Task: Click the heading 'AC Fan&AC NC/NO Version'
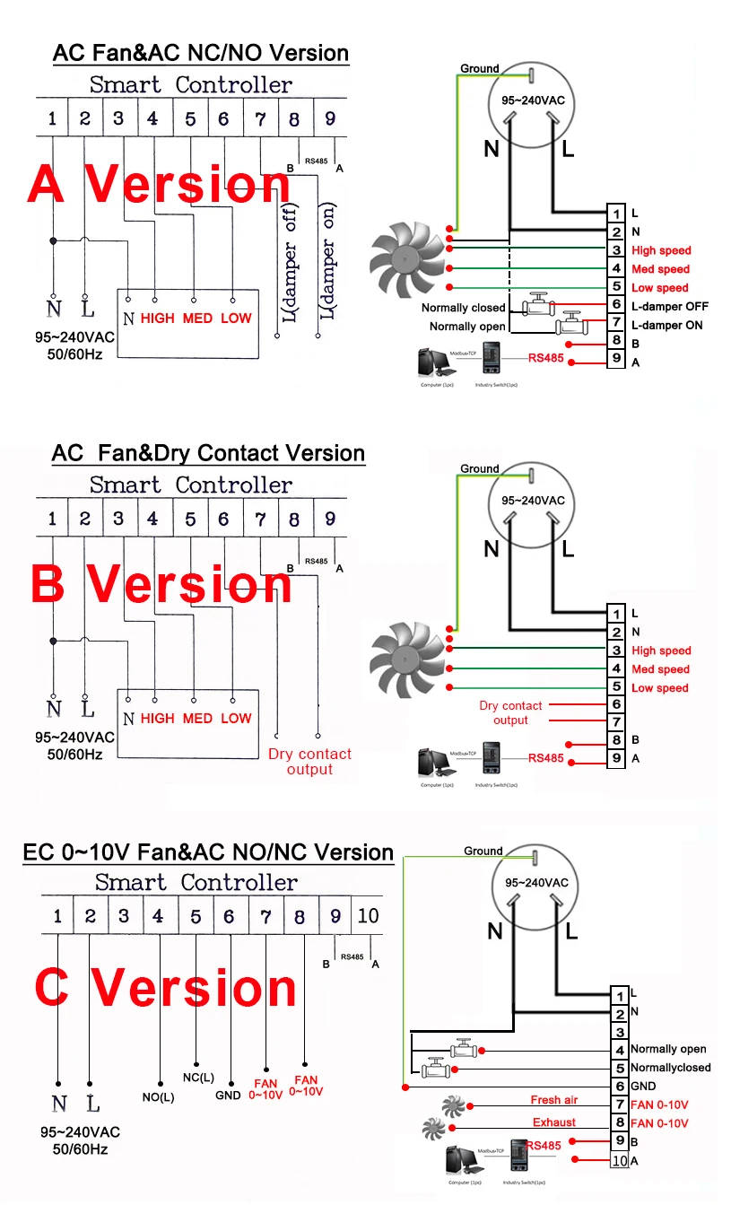[201, 53]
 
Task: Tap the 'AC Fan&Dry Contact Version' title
[208, 453]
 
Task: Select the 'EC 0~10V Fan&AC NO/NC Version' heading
[208, 851]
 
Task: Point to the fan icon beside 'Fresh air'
[452, 1104]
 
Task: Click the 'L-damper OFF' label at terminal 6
[669, 307]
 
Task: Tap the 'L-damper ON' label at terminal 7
[666, 326]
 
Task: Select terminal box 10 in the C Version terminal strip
[619, 1161]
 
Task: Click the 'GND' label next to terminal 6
[643, 1086]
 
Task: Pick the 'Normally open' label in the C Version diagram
[667, 1049]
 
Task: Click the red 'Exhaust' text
[554, 1122]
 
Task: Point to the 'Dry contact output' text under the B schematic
[309, 762]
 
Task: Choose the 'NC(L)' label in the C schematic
[197, 1077]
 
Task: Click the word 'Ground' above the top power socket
[479, 68]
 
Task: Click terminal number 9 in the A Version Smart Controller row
[330, 119]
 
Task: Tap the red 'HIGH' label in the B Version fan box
[157, 718]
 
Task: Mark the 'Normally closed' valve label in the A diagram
[463, 308]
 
